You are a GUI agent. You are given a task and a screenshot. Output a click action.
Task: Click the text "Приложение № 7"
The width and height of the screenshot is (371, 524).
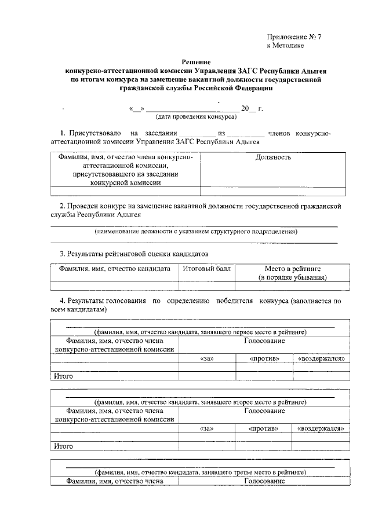tap(294, 36)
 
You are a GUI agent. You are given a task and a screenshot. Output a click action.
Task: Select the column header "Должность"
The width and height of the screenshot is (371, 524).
tap(273, 157)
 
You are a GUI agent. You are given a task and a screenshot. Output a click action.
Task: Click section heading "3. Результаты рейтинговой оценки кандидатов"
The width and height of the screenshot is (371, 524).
tap(134, 254)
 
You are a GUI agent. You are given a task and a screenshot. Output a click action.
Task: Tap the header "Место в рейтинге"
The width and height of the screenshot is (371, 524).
tap(293, 269)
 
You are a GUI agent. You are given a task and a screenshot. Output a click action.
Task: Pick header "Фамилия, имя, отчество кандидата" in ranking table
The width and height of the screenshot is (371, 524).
tap(114, 269)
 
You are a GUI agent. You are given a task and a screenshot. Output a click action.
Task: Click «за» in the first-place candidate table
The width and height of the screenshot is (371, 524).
tap(207, 359)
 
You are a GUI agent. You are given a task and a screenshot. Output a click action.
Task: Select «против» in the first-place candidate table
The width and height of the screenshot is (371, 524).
tap(264, 359)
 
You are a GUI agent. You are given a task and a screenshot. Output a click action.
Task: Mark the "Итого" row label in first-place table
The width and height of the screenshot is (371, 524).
tap(63, 376)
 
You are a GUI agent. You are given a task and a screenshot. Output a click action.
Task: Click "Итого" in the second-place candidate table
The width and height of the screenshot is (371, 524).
tap(63, 446)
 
